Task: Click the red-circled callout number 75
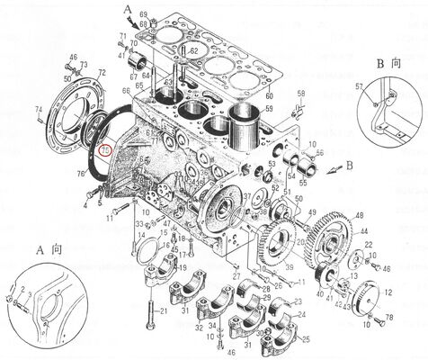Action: (x=106, y=150)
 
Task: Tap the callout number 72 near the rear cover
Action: (x=102, y=72)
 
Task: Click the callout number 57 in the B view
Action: (x=360, y=86)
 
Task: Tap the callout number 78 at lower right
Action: (x=389, y=319)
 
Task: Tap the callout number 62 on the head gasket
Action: (x=194, y=52)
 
